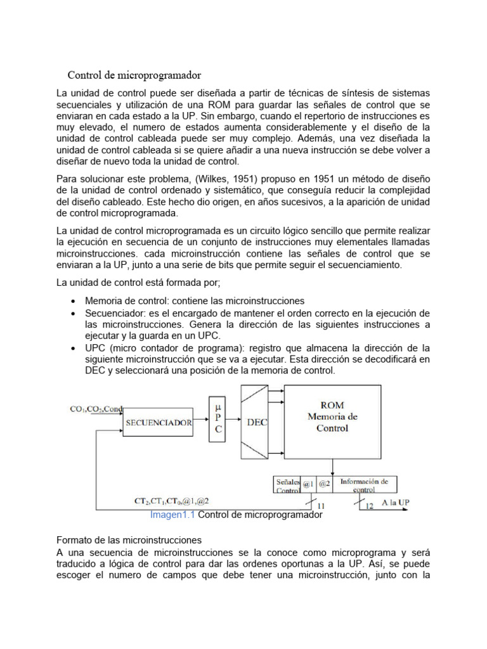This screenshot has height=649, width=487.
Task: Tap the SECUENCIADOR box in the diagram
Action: point(159,422)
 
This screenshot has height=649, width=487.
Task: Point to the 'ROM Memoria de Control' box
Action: point(332,418)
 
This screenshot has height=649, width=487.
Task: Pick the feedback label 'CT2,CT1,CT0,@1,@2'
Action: point(171,501)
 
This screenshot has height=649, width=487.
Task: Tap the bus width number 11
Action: point(321,506)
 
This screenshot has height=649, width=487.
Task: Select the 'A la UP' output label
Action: point(395,502)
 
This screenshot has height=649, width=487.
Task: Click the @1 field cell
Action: point(308,484)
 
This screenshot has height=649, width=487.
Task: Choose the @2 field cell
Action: point(324,484)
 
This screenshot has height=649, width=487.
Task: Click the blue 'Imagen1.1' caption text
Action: point(172,515)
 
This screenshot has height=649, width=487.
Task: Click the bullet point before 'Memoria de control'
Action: point(74,301)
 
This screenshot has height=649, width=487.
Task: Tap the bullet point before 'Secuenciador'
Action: point(74,314)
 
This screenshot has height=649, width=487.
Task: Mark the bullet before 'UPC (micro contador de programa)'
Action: point(74,348)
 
